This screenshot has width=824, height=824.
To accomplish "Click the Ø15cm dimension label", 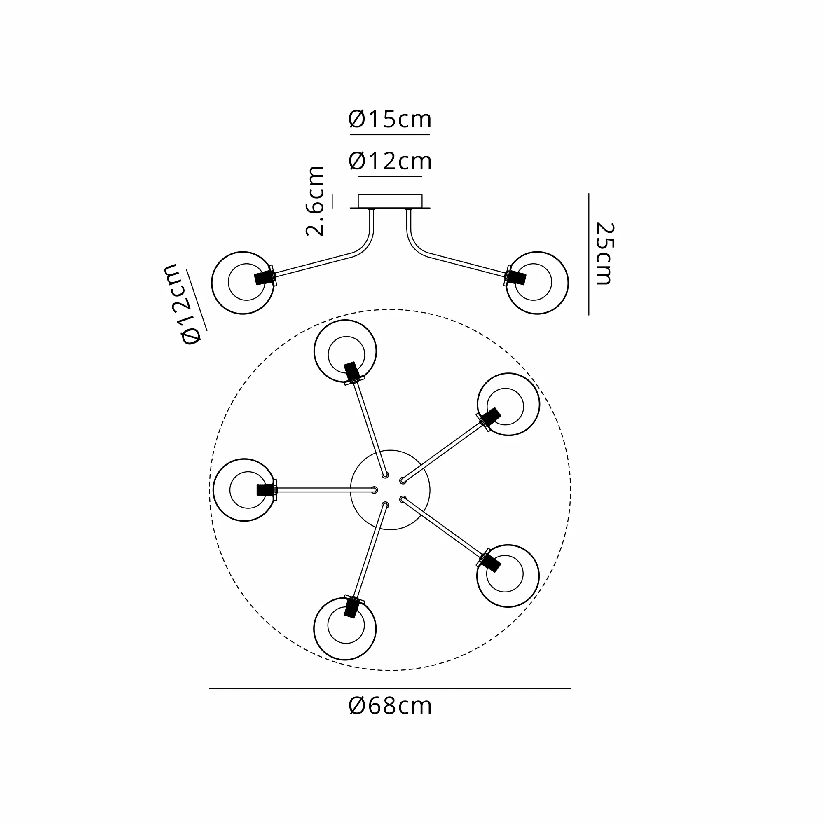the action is pyautogui.click(x=390, y=119).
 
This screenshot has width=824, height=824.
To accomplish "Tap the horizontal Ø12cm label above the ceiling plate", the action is pyautogui.click(x=390, y=161).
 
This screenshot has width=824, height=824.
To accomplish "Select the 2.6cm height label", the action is pyautogui.click(x=315, y=201).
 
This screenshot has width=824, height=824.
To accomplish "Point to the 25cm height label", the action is pyautogui.click(x=605, y=253).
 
